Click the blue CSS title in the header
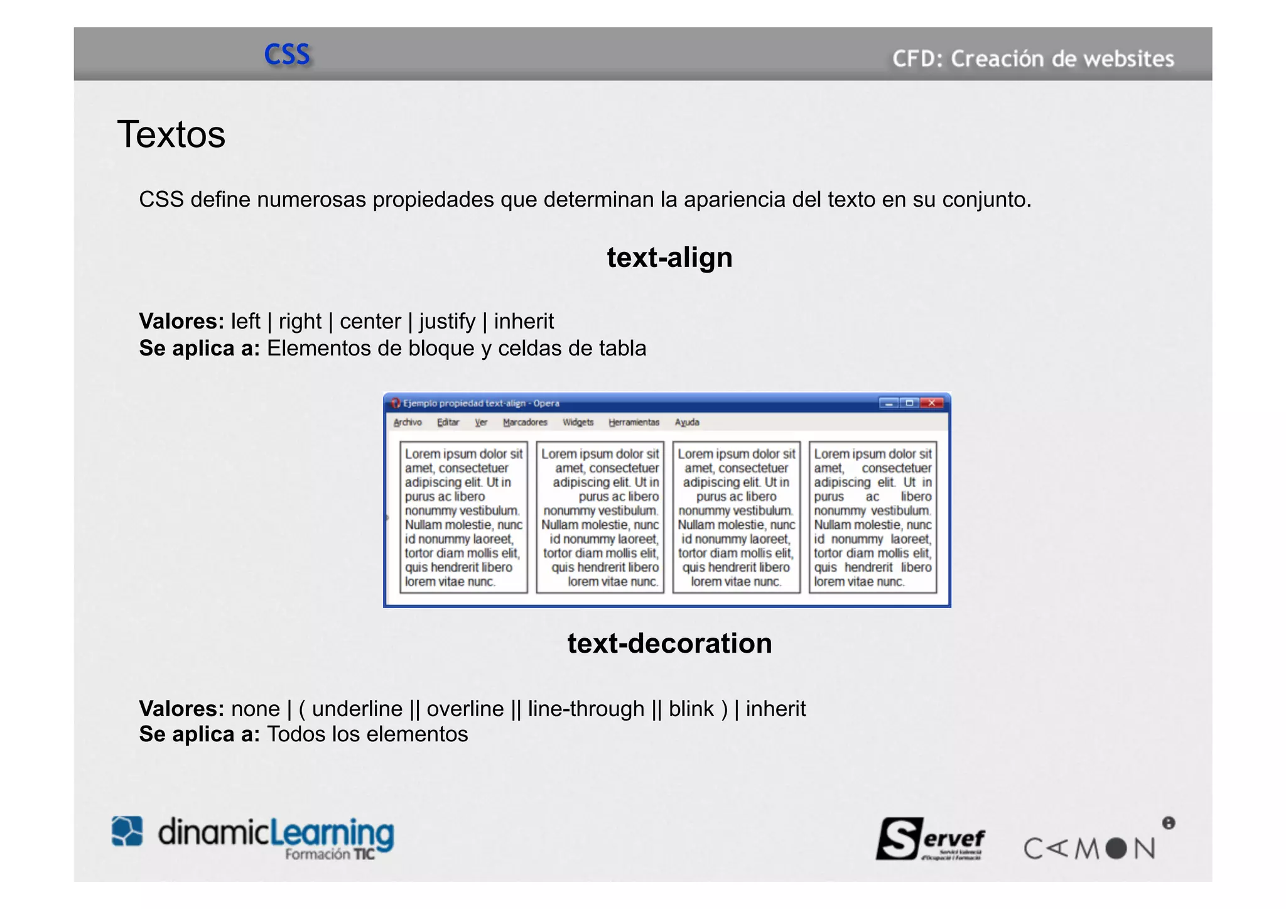[287, 55]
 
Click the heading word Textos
[171, 134]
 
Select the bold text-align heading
[669, 258]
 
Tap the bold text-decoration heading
[669, 643]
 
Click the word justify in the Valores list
[447, 322]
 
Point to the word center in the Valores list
[370, 322]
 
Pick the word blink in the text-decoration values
[691, 709]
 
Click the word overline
[465, 709]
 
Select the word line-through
[586, 709]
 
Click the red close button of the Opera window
[932, 403]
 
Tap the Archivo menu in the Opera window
[408, 422]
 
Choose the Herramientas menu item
[634, 422]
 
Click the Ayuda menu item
[686, 422]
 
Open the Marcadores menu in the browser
[525, 422]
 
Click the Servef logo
[930, 839]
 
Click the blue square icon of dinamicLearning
[127, 831]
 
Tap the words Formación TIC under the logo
[329, 854]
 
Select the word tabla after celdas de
[622, 349]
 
